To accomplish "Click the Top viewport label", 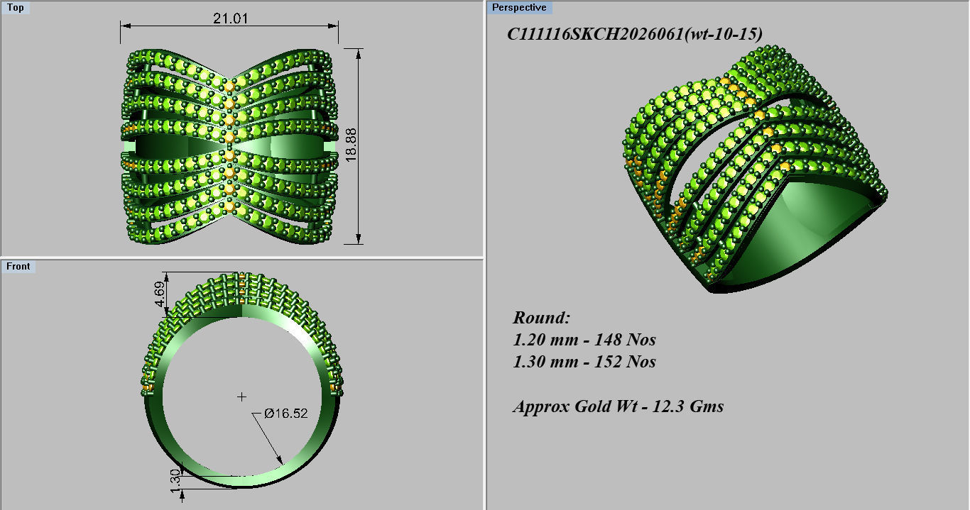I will (x=15, y=8).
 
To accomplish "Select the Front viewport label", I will (x=18, y=266).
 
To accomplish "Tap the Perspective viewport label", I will (x=519, y=8).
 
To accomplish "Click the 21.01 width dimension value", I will (x=230, y=18).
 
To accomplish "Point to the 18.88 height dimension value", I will (x=351, y=145).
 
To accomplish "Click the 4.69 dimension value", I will (x=161, y=294).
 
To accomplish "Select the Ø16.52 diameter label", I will (x=285, y=413).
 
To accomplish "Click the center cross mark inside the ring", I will (x=242, y=396).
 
